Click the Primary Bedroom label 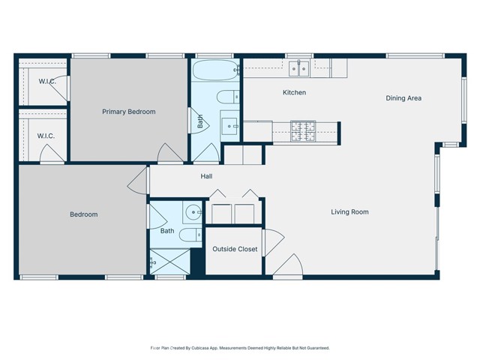tap(128, 112)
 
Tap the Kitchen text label tap(294, 93)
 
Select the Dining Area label tap(403, 98)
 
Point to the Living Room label tap(349, 212)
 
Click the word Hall tap(206, 177)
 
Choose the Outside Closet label tap(235, 249)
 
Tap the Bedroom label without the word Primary tap(83, 214)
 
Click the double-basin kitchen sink tap(299, 69)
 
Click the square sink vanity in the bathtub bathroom tap(229, 124)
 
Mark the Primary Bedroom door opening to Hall tap(169, 152)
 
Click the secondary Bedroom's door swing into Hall tap(139, 180)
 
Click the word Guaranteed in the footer tap(314, 348)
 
